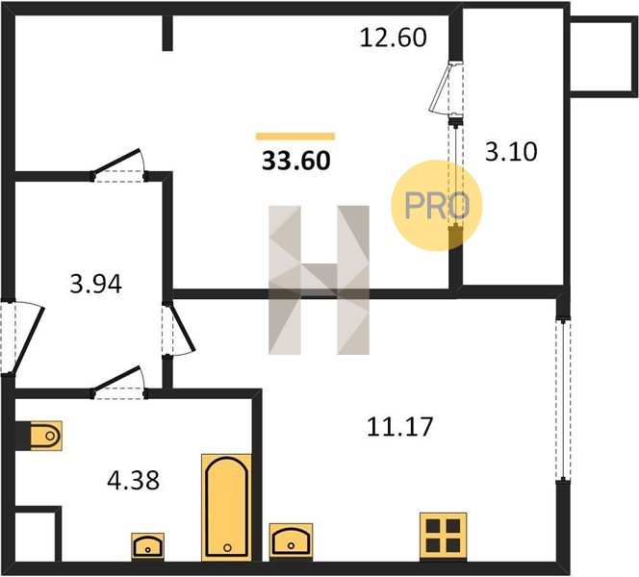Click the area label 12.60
(394, 38)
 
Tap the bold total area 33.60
(295, 161)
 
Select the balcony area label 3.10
(511, 152)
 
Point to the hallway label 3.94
(96, 284)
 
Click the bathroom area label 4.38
(133, 480)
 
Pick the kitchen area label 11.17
(399, 427)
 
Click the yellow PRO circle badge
(437, 205)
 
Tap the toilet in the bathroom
(46, 436)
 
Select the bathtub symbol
(226, 508)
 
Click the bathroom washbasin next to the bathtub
(147, 546)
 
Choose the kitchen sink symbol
(291, 541)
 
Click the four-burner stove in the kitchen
(444, 537)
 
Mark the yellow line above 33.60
(295, 137)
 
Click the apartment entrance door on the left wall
(21, 338)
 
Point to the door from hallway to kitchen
(178, 329)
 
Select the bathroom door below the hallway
(119, 383)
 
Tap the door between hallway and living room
(119, 165)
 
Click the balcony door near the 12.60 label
(446, 88)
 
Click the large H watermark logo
(319, 280)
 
